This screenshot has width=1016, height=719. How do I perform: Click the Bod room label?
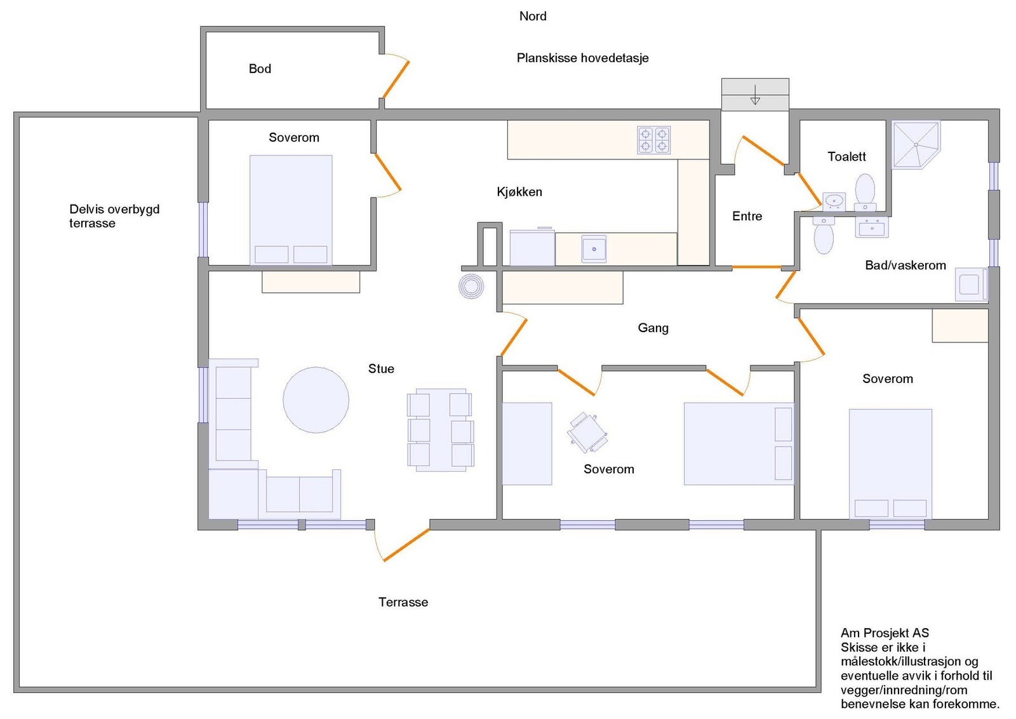point(260,69)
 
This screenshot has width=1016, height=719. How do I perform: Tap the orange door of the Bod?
point(396,79)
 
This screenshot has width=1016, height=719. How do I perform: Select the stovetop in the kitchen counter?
point(653,140)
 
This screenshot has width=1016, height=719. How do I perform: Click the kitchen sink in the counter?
point(594,248)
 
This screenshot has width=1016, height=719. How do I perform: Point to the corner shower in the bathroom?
point(916,145)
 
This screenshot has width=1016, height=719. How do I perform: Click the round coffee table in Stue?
point(316,400)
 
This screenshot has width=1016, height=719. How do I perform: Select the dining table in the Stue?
point(441,429)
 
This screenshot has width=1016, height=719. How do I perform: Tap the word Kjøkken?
point(519,192)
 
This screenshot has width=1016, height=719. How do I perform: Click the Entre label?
point(747,217)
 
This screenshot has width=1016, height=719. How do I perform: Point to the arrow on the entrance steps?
point(755,95)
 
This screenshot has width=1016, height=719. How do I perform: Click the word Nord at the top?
point(533,17)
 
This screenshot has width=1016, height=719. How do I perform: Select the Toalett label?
point(847,157)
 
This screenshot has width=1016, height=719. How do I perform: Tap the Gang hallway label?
point(653,328)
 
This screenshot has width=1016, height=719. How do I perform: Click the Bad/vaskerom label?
point(906,265)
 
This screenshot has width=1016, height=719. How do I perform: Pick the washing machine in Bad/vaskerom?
point(971,285)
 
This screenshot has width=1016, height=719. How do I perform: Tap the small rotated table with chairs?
point(587,433)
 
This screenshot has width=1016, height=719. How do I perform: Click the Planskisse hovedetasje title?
point(582,58)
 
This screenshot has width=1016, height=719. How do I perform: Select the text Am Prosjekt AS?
point(885,633)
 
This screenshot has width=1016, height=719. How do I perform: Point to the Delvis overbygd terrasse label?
point(114,217)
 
